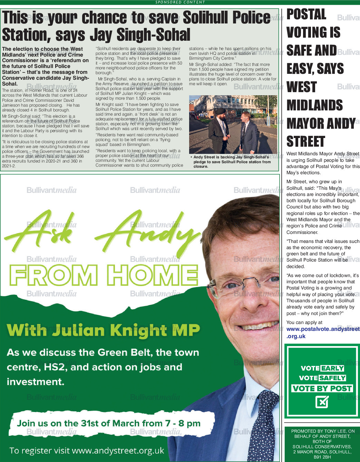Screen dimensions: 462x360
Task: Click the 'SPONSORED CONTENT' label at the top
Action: [x=180, y=2]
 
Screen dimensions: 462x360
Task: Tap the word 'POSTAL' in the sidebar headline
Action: [x=306, y=14]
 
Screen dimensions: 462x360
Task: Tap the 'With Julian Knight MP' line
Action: [x=103, y=330]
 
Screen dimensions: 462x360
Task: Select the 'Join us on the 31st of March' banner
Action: [x=109, y=423]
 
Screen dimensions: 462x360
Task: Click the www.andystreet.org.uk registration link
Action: [x=118, y=451]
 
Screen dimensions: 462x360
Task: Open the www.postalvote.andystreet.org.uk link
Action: [x=322, y=333]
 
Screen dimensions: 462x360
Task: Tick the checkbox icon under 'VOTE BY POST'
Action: [x=322, y=402]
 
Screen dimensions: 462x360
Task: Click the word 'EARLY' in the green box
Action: [x=332, y=368]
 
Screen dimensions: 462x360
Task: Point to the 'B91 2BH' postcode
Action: [x=322, y=457]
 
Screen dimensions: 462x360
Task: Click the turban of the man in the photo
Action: [x=220, y=112]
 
